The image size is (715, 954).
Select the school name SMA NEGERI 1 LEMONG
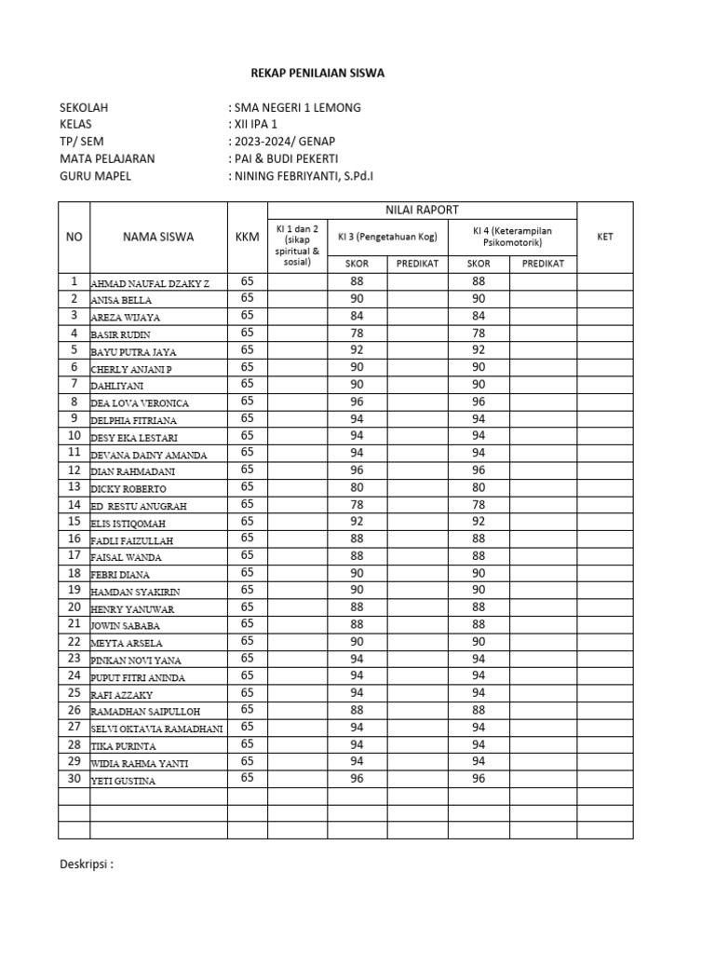pos(297,107)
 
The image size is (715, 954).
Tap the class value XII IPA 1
pos(255,124)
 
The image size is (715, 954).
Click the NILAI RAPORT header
pos(422,210)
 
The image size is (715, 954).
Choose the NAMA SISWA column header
pos(158,237)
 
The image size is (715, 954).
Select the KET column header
pos(604,237)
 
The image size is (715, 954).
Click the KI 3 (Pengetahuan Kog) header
pos(387,237)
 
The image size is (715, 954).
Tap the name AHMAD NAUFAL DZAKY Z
pos(150,282)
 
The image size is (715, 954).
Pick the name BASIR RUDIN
pos(120,334)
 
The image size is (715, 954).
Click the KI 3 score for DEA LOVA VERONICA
pos(357,402)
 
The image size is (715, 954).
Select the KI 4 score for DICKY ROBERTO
pos(479,486)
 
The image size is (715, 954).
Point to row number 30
pos(74,779)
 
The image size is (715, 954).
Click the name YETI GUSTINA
pos(123,781)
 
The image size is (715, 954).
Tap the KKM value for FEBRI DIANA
pos(247,572)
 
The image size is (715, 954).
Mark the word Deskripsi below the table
pos(86,864)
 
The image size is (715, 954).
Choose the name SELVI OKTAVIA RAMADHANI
pos(156,729)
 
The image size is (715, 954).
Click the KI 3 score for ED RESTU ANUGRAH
pos(357,504)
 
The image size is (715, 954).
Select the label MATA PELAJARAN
pos(107,158)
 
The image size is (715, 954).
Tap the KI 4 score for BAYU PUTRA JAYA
pos(479,350)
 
